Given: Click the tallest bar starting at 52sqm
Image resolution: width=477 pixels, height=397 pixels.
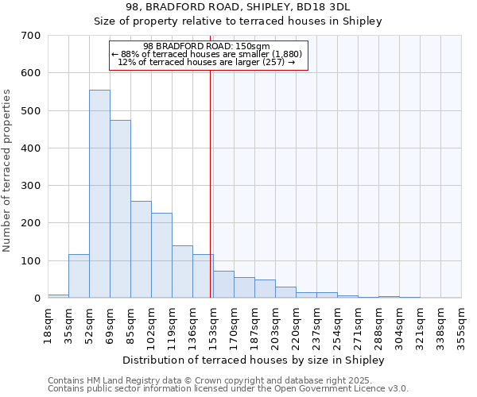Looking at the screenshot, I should click(x=99, y=194).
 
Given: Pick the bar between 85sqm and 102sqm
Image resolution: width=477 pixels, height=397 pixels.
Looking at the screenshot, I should click(x=141, y=249).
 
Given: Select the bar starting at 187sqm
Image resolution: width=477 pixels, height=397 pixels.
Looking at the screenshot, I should click(x=265, y=289).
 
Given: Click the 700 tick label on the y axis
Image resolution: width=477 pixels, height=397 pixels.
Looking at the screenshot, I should click(x=30, y=36).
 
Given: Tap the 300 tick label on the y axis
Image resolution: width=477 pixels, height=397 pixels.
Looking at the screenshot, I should click(x=30, y=186).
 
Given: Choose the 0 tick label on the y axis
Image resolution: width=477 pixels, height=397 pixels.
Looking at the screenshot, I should click(x=37, y=299).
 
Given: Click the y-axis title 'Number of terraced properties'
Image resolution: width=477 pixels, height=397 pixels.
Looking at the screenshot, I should click(x=7, y=171).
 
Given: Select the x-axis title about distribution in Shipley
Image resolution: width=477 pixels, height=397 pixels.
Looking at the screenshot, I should click(x=254, y=360).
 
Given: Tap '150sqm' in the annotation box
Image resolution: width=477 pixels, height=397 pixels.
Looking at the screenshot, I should click(x=254, y=46).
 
